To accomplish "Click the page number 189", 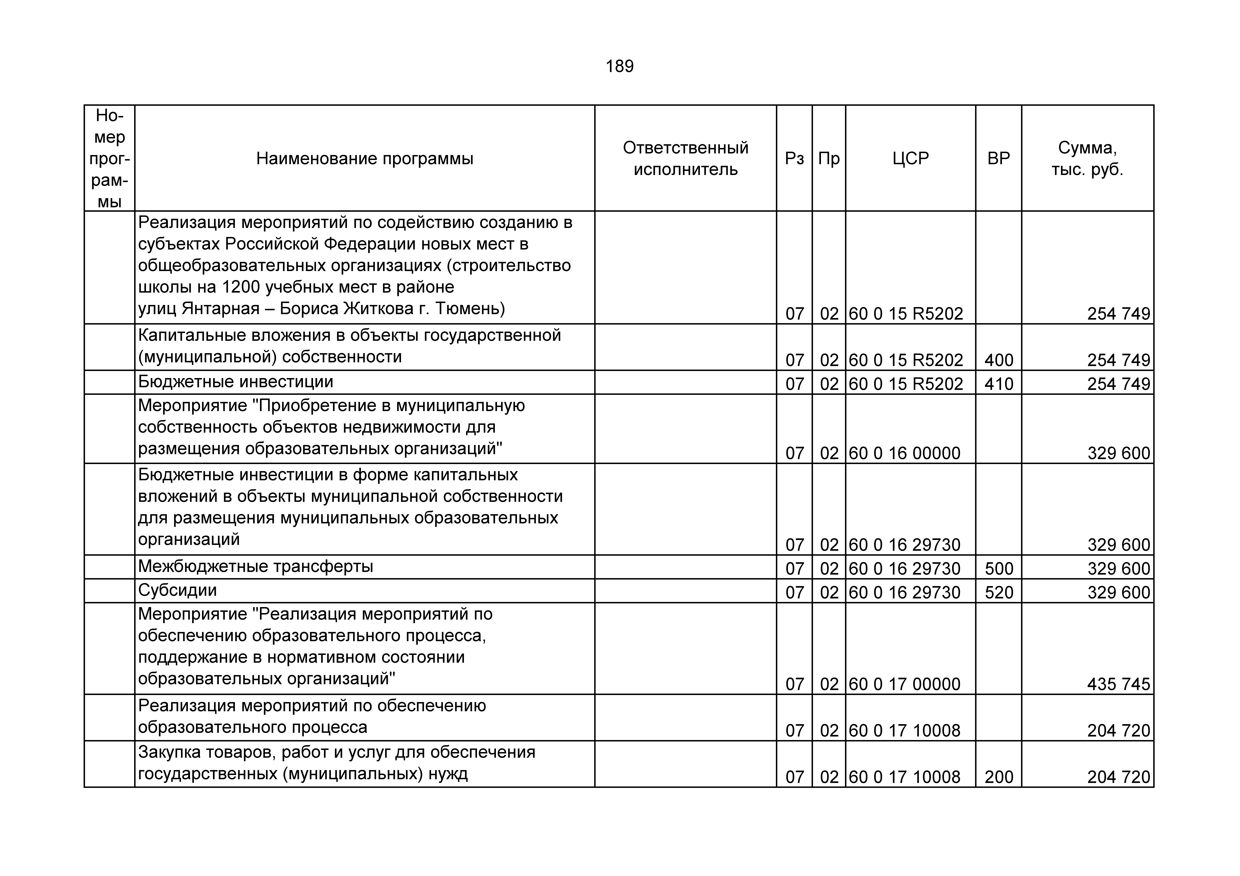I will tap(619, 66).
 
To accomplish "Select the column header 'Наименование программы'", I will tap(365, 159).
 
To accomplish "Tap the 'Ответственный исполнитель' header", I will tap(685, 159).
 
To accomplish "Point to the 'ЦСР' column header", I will tap(911, 159).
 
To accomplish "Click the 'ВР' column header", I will tap(999, 159).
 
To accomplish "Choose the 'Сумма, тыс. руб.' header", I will tap(1087, 159).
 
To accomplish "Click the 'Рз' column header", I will tap(794, 159).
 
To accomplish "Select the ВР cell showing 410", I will tap(999, 384).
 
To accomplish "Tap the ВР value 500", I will tap(999, 568).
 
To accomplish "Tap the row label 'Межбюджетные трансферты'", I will tap(255, 566).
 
